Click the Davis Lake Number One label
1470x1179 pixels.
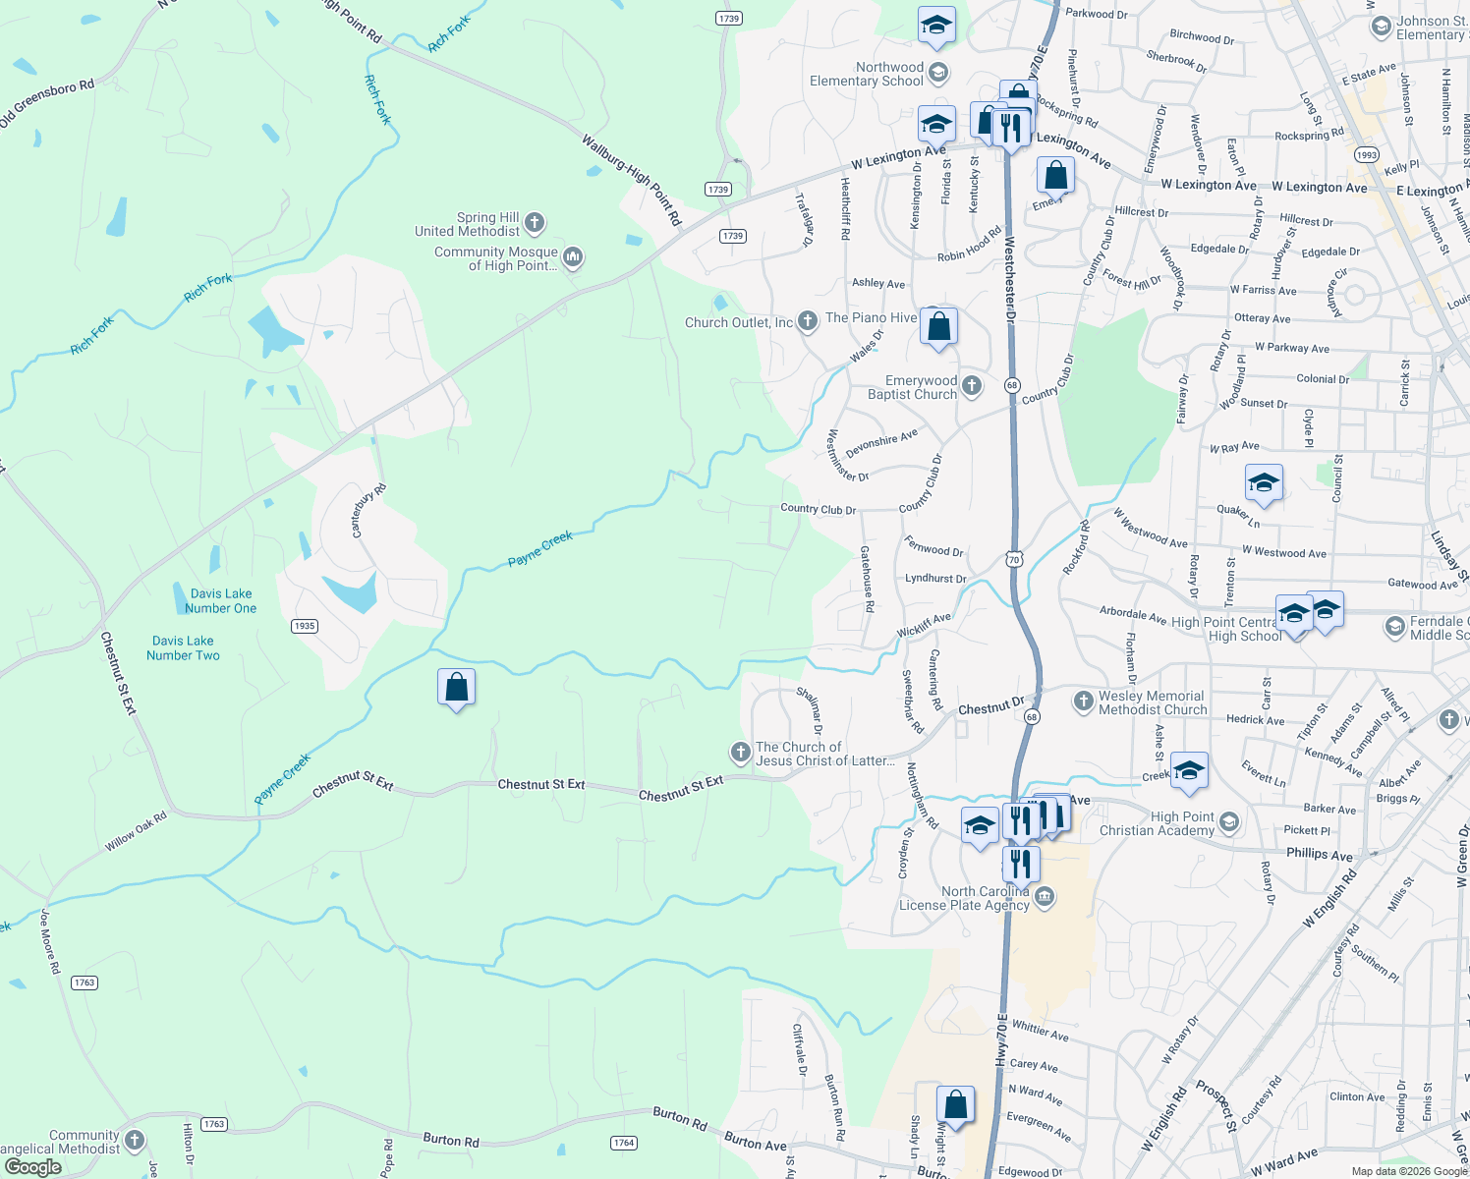point(221,600)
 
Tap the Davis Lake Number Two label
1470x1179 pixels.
point(183,647)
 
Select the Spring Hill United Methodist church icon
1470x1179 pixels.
point(535,223)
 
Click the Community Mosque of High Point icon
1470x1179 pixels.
point(573,257)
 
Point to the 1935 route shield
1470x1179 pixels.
point(305,626)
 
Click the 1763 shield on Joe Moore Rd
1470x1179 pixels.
point(85,982)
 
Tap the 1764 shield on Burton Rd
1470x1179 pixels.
point(624,1143)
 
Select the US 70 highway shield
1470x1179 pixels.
point(1013,559)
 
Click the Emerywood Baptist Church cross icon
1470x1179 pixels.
point(972,386)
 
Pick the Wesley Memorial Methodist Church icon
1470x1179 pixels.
point(1083,702)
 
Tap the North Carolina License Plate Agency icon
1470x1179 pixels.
point(1045,896)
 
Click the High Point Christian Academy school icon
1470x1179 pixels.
point(1228,821)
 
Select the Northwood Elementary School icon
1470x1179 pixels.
point(938,73)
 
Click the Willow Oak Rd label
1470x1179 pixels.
point(136,831)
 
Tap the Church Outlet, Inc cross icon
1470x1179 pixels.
point(807,321)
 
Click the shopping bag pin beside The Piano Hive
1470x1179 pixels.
point(938,325)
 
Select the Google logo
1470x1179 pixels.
point(33,1167)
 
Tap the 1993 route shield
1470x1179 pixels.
point(1366,155)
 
